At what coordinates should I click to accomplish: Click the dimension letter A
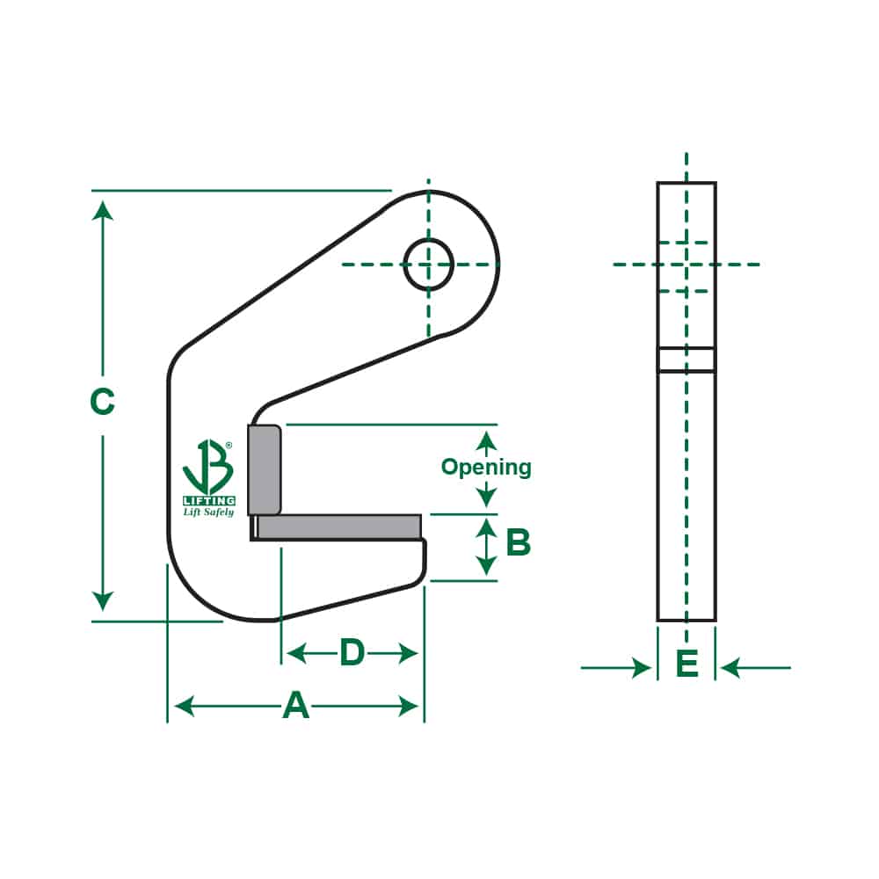(x=296, y=705)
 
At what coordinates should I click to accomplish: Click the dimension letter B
(x=519, y=542)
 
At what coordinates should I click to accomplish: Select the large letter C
(x=103, y=402)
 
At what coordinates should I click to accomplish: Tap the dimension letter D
(x=352, y=652)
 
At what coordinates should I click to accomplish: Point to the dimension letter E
(x=686, y=664)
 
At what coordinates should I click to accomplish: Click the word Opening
(x=486, y=467)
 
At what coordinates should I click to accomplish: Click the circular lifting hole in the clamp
(x=428, y=263)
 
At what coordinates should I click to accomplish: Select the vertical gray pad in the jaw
(x=264, y=469)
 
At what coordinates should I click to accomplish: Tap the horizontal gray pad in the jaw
(x=338, y=527)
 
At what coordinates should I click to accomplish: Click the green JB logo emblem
(x=207, y=468)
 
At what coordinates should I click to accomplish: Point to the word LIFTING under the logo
(x=208, y=500)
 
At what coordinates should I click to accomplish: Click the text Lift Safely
(x=208, y=512)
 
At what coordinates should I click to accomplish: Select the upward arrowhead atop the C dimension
(x=103, y=210)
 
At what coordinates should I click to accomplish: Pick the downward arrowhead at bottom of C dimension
(x=103, y=601)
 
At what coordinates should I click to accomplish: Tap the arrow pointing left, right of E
(x=731, y=668)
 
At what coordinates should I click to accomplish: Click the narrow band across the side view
(x=686, y=360)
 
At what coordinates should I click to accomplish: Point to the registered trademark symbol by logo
(x=229, y=446)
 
